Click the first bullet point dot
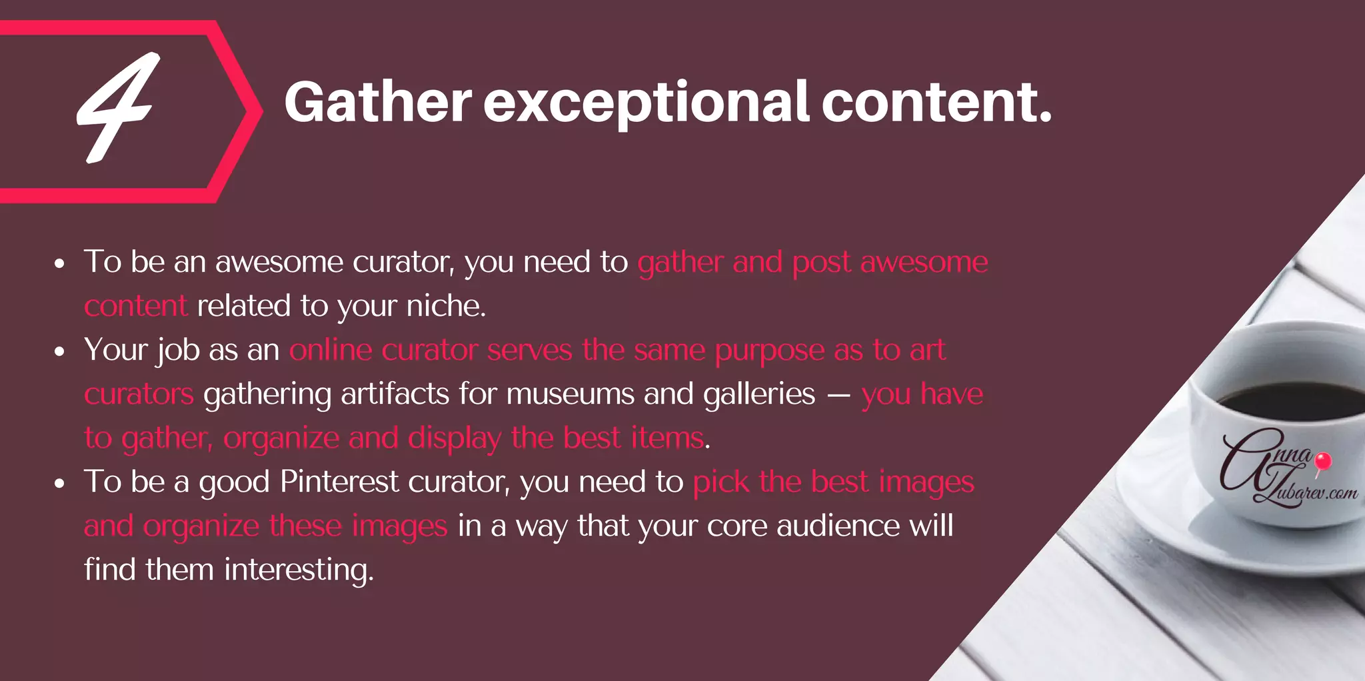pyautogui.click(x=59, y=264)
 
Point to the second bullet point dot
pyautogui.click(x=59, y=352)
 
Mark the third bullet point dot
pyautogui.click(x=59, y=484)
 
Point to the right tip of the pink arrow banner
pyautogui.click(x=261, y=112)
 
